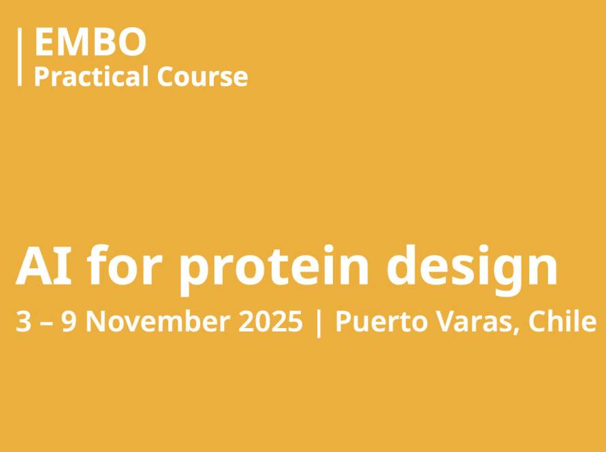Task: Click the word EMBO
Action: [x=91, y=42]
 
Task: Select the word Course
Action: [x=202, y=76]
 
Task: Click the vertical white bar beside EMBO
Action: [x=19, y=56]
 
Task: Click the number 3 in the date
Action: [x=23, y=321]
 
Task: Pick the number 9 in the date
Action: [x=69, y=321]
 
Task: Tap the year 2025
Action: [x=270, y=321]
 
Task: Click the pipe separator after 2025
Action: [x=319, y=323]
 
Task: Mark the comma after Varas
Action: [x=515, y=331]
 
